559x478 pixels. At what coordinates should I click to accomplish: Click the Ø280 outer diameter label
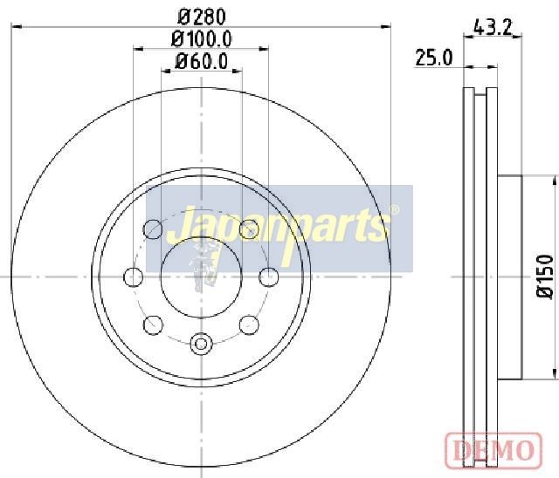(x=202, y=17)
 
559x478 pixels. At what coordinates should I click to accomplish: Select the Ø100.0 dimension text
(x=202, y=38)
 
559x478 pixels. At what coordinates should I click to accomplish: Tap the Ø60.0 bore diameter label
(x=201, y=61)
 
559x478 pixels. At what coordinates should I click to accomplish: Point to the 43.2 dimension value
(x=493, y=27)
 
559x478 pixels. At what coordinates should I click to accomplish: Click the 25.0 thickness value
(x=434, y=58)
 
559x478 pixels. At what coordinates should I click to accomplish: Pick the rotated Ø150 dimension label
(x=545, y=277)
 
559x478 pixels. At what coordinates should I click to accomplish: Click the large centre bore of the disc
(x=202, y=277)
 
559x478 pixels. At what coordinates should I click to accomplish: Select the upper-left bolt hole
(x=153, y=229)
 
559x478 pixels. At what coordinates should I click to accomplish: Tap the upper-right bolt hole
(x=249, y=229)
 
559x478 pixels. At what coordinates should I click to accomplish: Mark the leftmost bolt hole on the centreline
(x=134, y=277)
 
